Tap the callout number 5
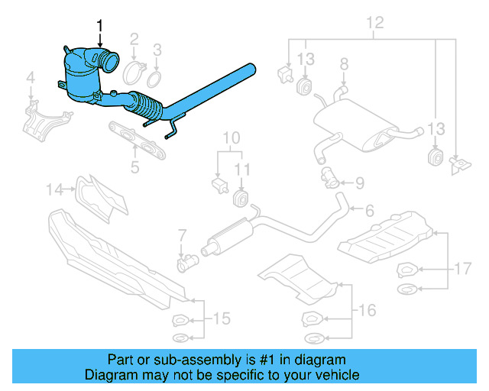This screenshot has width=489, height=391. (x=134, y=164)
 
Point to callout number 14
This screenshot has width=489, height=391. (x=52, y=188)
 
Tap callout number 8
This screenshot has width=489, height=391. (x=344, y=64)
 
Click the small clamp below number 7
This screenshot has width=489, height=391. (x=186, y=263)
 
